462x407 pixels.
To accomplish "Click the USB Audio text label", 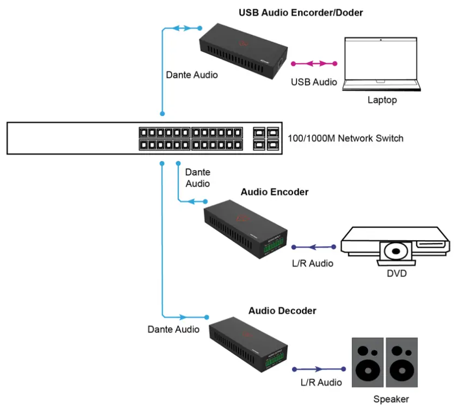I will point(314,83).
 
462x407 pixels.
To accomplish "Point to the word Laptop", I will point(382,100).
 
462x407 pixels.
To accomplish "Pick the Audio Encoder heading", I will point(275,192).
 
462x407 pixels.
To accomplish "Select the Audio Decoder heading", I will point(282,311).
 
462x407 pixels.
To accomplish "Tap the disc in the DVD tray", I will point(396,252).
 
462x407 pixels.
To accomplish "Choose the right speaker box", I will point(402,362).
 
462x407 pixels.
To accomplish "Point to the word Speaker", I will point(391,399).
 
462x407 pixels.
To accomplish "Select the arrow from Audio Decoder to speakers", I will point(319,368).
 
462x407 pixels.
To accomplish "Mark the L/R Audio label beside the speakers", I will point(321,382).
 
